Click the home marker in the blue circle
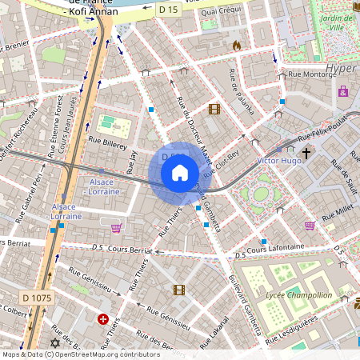[180, 172]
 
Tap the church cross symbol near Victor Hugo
[306, 151]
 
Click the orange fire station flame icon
[236, 46]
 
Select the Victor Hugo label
[279, 161]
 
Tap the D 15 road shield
[168, 9]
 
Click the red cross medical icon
[102, 318]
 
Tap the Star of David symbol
[54, 342]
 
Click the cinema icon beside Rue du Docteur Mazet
[214, 109]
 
